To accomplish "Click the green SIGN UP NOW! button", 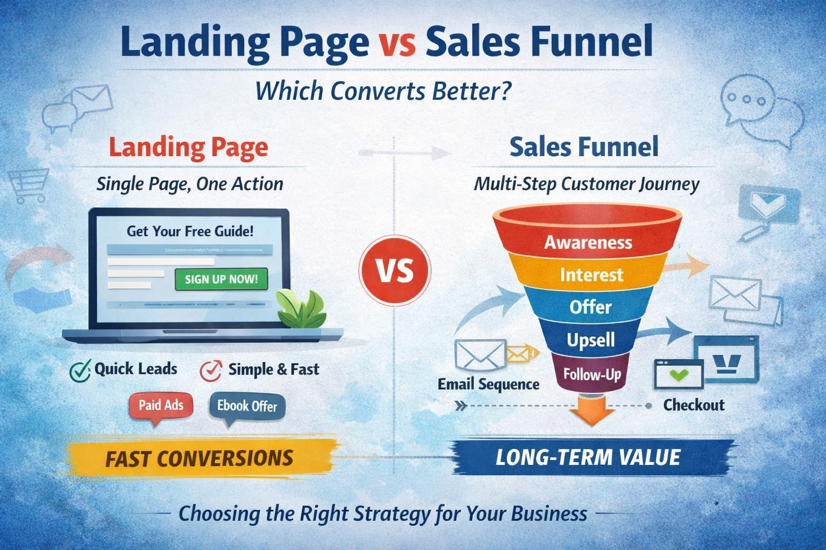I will (221, 279).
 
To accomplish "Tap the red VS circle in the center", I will (395, 271).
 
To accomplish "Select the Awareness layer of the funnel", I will (588, 242).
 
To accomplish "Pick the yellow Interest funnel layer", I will (591, 275).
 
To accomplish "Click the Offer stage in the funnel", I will (590, 307).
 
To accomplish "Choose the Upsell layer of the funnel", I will (590, 340).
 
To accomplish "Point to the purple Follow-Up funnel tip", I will (592, 374).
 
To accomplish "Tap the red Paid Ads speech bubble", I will (161, 406).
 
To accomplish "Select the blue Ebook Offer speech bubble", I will (247, 406).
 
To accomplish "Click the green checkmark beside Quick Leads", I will (80, 370).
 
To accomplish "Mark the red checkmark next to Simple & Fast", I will (210, 370).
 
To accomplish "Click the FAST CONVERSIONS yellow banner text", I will (199, 458).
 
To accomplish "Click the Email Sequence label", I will (488, 385).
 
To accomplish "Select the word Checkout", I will (694, 405).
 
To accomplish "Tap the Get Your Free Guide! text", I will (190, 231).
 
